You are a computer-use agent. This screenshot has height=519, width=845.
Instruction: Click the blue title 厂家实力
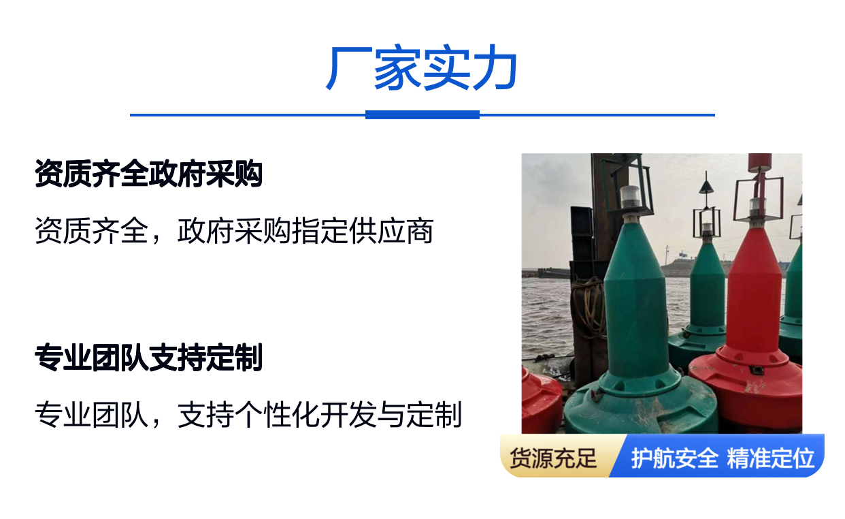click(x=422, y=67)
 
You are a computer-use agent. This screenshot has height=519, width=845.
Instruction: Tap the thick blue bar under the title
click(x=422, y=115)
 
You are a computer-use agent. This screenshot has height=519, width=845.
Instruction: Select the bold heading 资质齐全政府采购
click(x=148, y=174)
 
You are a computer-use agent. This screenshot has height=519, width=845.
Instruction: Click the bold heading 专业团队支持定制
click(x=148, y=358)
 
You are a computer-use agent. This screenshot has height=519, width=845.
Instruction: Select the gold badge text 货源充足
click(x=553, y=458)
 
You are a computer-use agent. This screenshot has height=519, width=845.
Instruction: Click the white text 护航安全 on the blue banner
click(x=674, y=458)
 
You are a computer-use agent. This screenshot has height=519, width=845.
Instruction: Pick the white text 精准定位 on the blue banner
click(x=770, y=458)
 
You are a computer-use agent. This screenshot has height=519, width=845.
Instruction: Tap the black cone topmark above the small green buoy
click(x=706, y=187)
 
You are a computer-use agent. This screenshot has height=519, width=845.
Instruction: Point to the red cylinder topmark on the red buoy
click(x=760, y=163)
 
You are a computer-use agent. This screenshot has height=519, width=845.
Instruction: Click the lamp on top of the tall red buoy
click(x=757, y=206)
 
